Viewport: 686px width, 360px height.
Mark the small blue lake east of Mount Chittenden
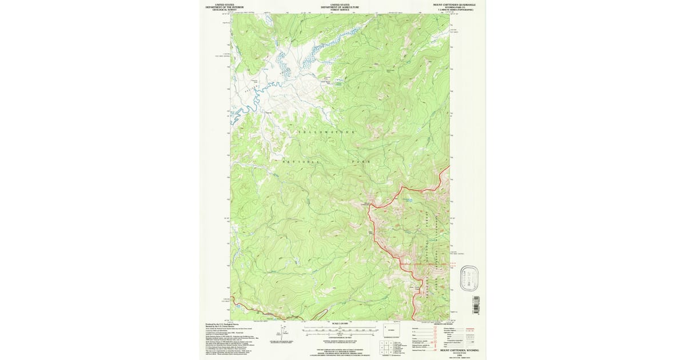coord(407,200)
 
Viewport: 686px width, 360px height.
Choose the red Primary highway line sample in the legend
coord(471,329)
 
